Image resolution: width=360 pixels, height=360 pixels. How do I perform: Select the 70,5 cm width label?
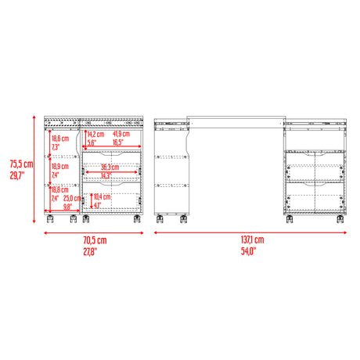[x=92, y=239]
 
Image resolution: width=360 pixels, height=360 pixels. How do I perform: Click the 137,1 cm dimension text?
[x=252, y=239]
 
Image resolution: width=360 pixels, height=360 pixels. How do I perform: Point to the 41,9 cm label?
[x=124, y=135]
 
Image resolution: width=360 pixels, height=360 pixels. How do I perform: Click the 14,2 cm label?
[x=98, y=135]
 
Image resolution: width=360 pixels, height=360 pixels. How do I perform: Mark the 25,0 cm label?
[x=74, y=199]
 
